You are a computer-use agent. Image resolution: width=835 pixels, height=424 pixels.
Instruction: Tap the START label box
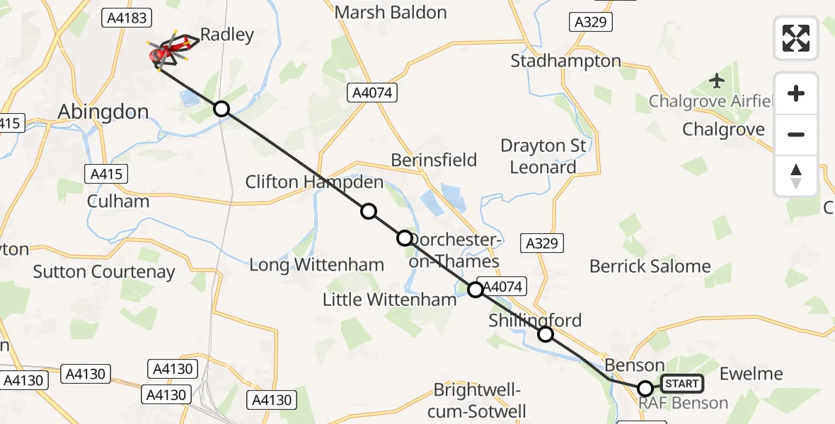click(682, 384)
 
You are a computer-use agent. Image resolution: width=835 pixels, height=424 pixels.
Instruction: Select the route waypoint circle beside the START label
click(645, 388)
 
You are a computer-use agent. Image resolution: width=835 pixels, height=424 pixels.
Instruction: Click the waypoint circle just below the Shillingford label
click(546, 334)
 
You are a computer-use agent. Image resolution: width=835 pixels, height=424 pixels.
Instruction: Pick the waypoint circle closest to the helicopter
click(221, 108)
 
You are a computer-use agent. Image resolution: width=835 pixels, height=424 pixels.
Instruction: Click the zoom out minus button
click(796, 134)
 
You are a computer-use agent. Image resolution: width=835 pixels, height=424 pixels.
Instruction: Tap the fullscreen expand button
click(796, 37)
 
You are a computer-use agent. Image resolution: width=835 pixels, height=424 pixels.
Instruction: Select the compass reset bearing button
click(796, 175)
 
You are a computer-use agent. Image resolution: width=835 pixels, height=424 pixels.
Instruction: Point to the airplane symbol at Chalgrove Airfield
click(718, 81)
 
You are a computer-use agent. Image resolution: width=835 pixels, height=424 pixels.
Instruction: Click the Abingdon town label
click(103, 112)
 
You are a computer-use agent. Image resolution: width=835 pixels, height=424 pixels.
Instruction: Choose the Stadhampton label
click(565, 61)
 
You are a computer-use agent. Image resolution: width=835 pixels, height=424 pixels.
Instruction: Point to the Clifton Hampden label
click(314, 182)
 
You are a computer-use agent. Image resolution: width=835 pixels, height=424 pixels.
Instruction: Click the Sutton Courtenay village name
click(104, 271)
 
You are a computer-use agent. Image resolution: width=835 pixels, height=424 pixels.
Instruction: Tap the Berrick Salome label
click(650, 266)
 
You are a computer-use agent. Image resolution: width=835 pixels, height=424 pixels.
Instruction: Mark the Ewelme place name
click(751, 374)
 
